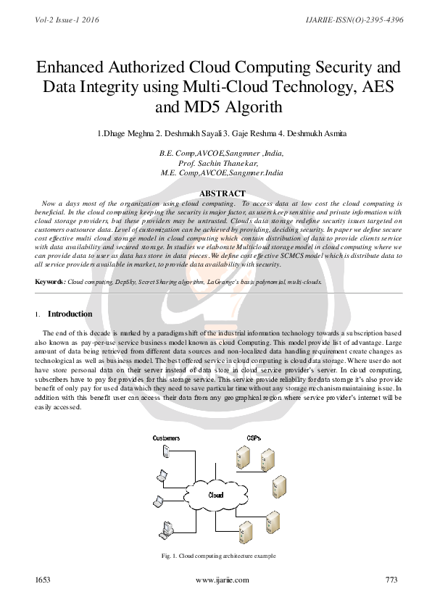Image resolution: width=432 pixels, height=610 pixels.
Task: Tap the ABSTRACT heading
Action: point(222,193)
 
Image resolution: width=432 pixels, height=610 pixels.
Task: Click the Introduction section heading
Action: point(70,314)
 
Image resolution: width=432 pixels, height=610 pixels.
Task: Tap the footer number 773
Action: point(392,580)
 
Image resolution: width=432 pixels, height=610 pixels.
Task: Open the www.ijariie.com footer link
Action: point(222,580)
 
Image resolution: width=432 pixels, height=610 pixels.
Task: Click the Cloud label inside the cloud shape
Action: point(215,496)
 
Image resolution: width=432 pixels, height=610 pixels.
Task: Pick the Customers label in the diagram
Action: point(166,438)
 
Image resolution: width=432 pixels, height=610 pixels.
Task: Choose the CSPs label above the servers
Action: point(254,438)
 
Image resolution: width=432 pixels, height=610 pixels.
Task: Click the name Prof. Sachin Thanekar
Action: point(219,164)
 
